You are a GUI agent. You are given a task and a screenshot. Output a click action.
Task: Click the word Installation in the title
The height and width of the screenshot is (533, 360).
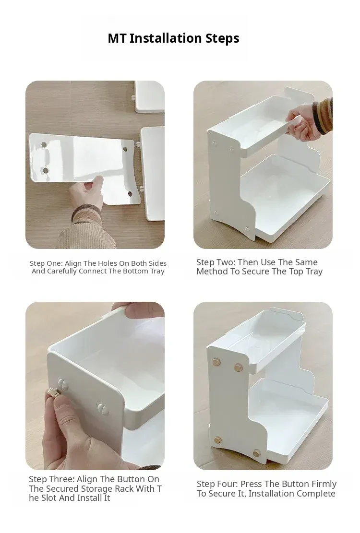pyautogui.click(x=166, y=38)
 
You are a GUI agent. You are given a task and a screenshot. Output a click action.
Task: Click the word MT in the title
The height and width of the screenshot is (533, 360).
pyautogui.click(x=117, y=38)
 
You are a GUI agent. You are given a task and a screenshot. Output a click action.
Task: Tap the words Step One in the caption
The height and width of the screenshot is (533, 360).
pyautogui.click(x=46, y=263)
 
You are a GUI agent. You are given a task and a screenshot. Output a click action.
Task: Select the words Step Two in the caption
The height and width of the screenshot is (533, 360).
pyautogui.click(x=215, y=262)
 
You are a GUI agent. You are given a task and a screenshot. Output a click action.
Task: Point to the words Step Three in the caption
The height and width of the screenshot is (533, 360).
pyautogui.click(x=51, y=479)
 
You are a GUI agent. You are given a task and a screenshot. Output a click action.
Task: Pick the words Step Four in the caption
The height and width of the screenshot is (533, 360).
pyautogui.click(x=217, y=484)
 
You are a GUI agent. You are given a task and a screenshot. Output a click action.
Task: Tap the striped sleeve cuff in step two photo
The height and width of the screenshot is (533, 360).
pyautogui.click(x=322, y=115)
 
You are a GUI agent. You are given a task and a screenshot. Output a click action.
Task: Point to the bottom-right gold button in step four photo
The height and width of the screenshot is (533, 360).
pyautogui.click(x=256, y=453)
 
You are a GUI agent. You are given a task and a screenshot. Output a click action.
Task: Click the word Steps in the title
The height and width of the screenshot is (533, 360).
pyautogui.click(x=222, y=38)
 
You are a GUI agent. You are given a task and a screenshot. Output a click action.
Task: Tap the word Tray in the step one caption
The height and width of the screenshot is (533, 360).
pyautogui.click(x=157, y=271)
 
